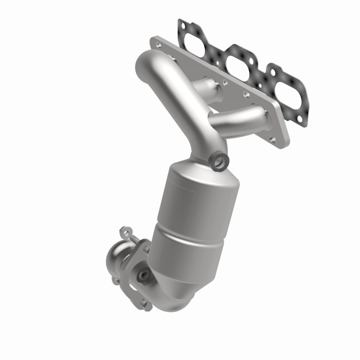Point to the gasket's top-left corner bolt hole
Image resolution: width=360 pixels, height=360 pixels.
coord(182,22)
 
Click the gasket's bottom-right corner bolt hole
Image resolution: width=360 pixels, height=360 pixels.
coord(301,107)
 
